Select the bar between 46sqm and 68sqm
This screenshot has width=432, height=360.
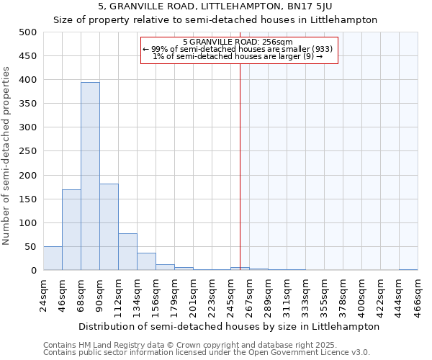71,230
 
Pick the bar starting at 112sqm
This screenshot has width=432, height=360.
127,252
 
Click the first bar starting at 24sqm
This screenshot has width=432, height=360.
53,258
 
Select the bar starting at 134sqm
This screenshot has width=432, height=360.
146,262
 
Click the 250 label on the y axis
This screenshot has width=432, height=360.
28,151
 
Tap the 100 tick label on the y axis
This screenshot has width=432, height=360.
28,223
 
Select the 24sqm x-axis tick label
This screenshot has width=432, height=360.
44,294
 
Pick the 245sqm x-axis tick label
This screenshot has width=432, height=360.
231,296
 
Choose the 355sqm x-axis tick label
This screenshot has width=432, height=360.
325,296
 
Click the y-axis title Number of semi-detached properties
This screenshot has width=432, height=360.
7,155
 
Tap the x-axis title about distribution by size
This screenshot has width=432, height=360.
229,326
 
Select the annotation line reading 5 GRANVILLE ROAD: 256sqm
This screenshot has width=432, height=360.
238,42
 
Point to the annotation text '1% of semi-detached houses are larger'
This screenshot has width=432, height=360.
238,56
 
